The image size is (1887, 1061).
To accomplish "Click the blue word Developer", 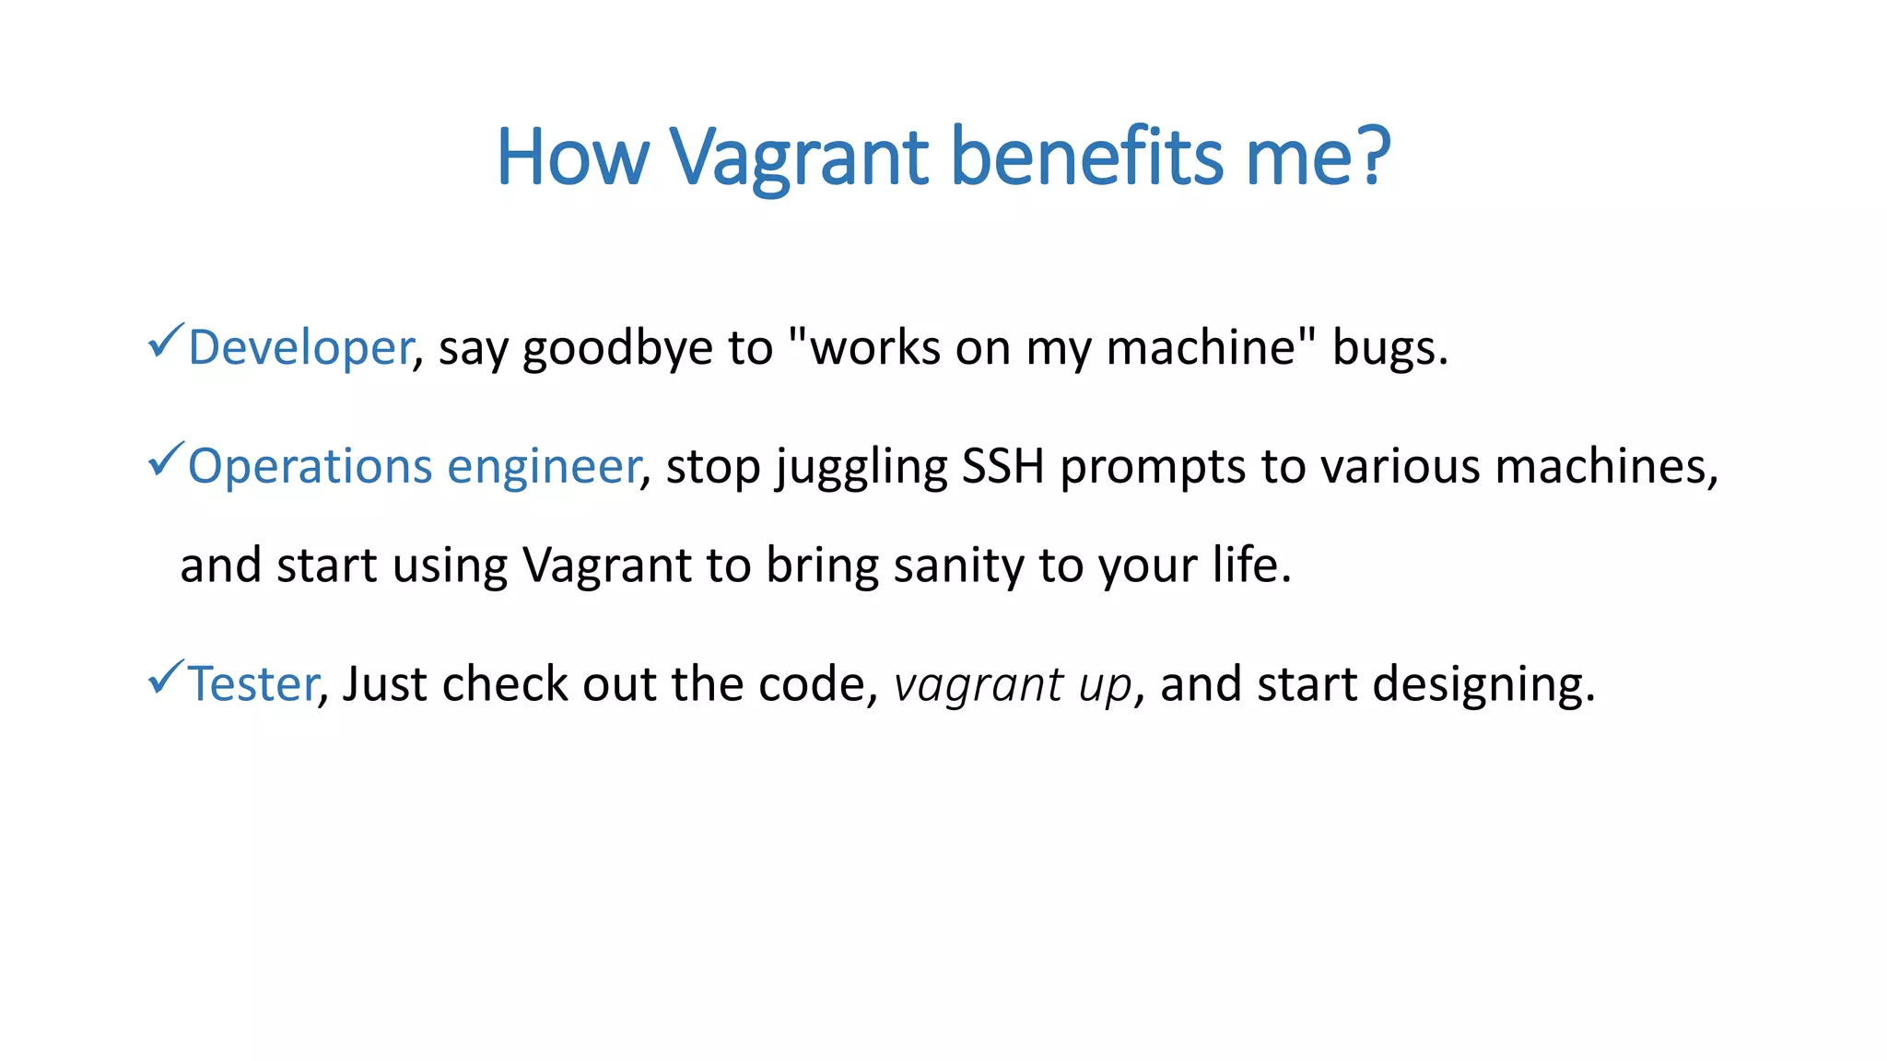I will [300, 348].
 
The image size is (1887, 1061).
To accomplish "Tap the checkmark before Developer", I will [166, 342].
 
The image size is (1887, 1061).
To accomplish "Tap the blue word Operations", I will [310, 467].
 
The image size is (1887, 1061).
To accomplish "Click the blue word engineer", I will [544, 467].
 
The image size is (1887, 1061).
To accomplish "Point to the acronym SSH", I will [1002, 465].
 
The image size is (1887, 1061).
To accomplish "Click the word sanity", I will [957, 565].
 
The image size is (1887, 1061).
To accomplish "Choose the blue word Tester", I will [252, 684].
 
